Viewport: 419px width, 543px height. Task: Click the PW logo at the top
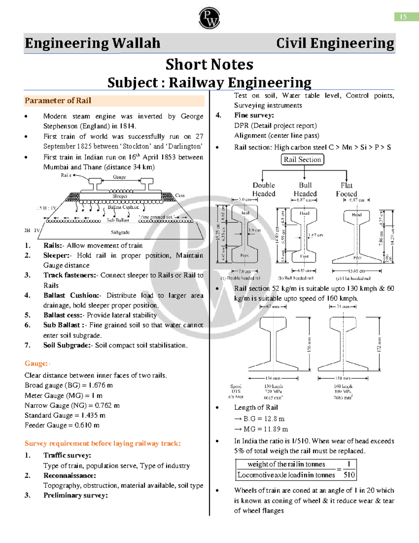[x=209, y=18]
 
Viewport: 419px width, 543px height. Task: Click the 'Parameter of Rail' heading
[x=58, y=101]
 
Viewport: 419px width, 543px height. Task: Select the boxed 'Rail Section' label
[x=302, y=159]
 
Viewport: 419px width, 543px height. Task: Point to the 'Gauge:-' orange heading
[x=37, y=364]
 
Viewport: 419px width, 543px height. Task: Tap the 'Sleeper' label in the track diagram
[x=120, y=196]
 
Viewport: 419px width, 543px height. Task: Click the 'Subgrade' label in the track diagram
[x=120, y=232]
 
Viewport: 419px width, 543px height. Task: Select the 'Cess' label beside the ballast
[x=180, y=195]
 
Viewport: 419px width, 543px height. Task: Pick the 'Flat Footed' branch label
[x=346, y=190]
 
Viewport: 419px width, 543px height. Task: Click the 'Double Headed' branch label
[x=264, y=190]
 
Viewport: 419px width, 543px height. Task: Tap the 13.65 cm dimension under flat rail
[x=356, y=271]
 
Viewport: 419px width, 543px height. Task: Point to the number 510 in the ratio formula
[x=349, y=474]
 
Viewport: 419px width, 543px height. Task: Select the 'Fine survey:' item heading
[x=254, y=115]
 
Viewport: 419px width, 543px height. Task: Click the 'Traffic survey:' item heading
[x=67, y=455]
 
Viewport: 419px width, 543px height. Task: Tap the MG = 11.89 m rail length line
[x=265, y=429]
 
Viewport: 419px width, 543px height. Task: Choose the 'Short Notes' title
[x=209, y=64]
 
